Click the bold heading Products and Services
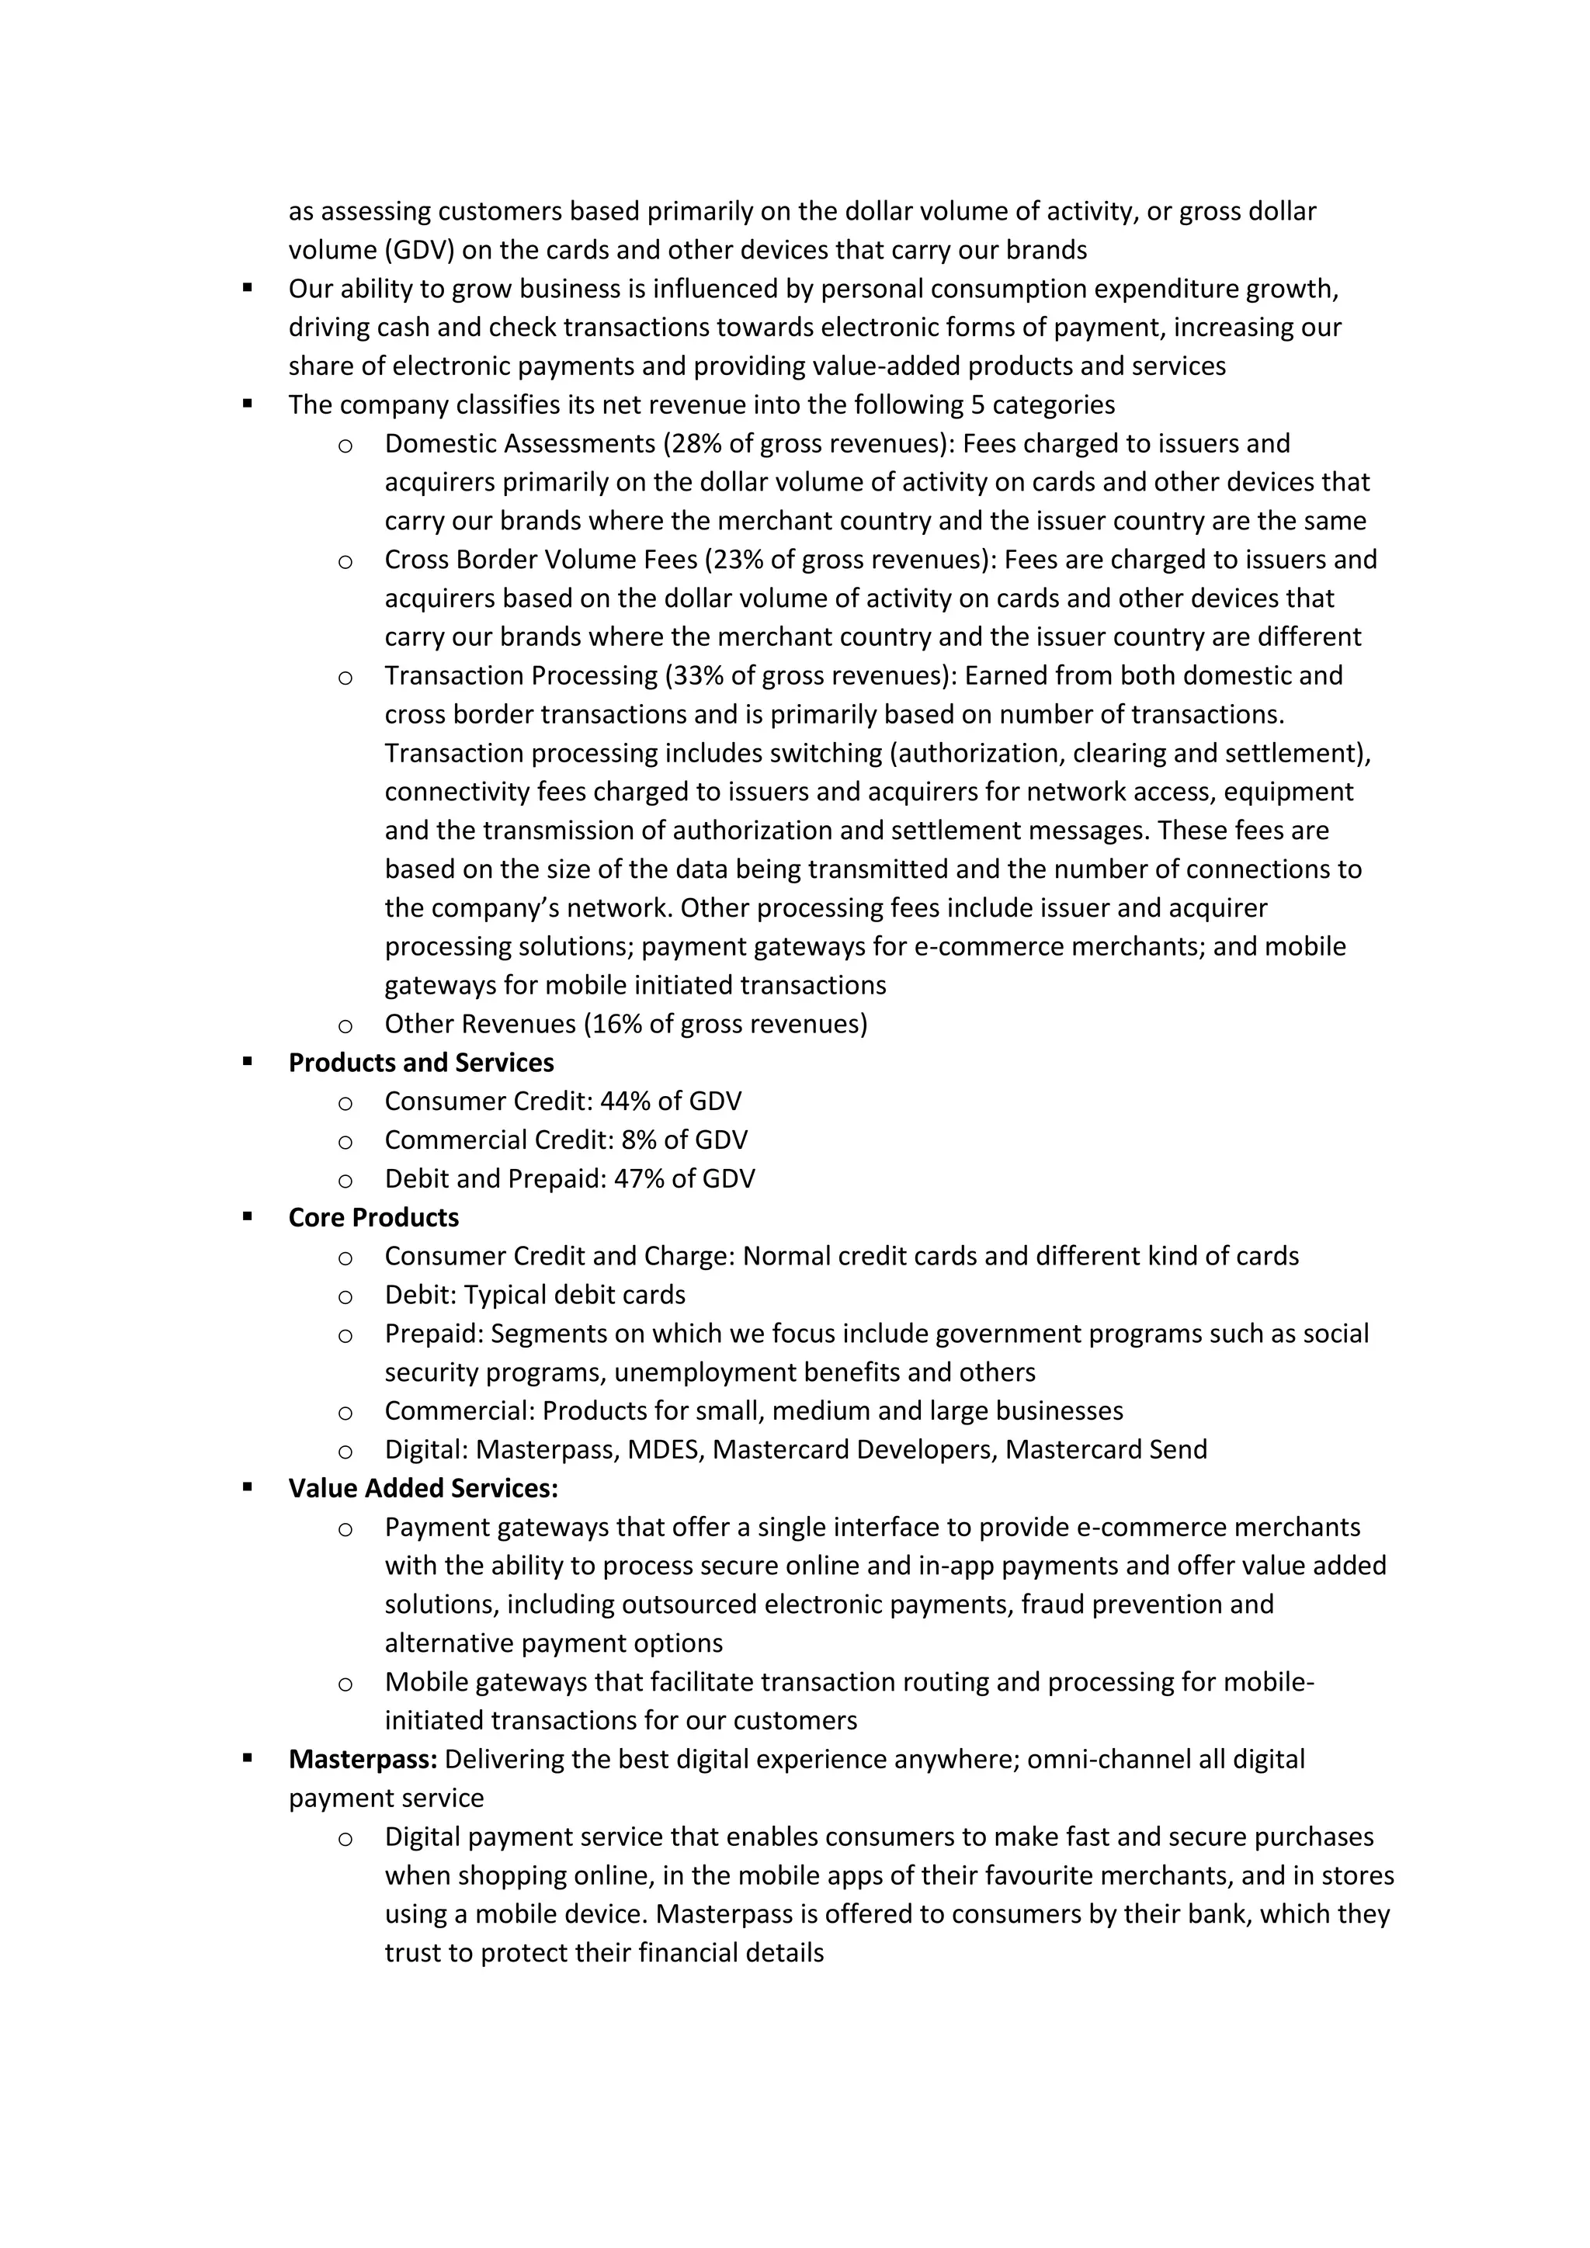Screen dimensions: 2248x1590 coord(421,1063)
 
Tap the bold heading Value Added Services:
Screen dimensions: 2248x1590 coord(423,1488)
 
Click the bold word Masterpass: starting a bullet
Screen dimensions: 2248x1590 coord(363,1760)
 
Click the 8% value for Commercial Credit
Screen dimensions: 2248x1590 coord(638,1140)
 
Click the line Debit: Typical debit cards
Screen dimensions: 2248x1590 coord(535,1294)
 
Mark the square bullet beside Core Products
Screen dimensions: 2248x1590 coord(248,1217)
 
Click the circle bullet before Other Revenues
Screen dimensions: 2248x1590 coord(345,1026)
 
